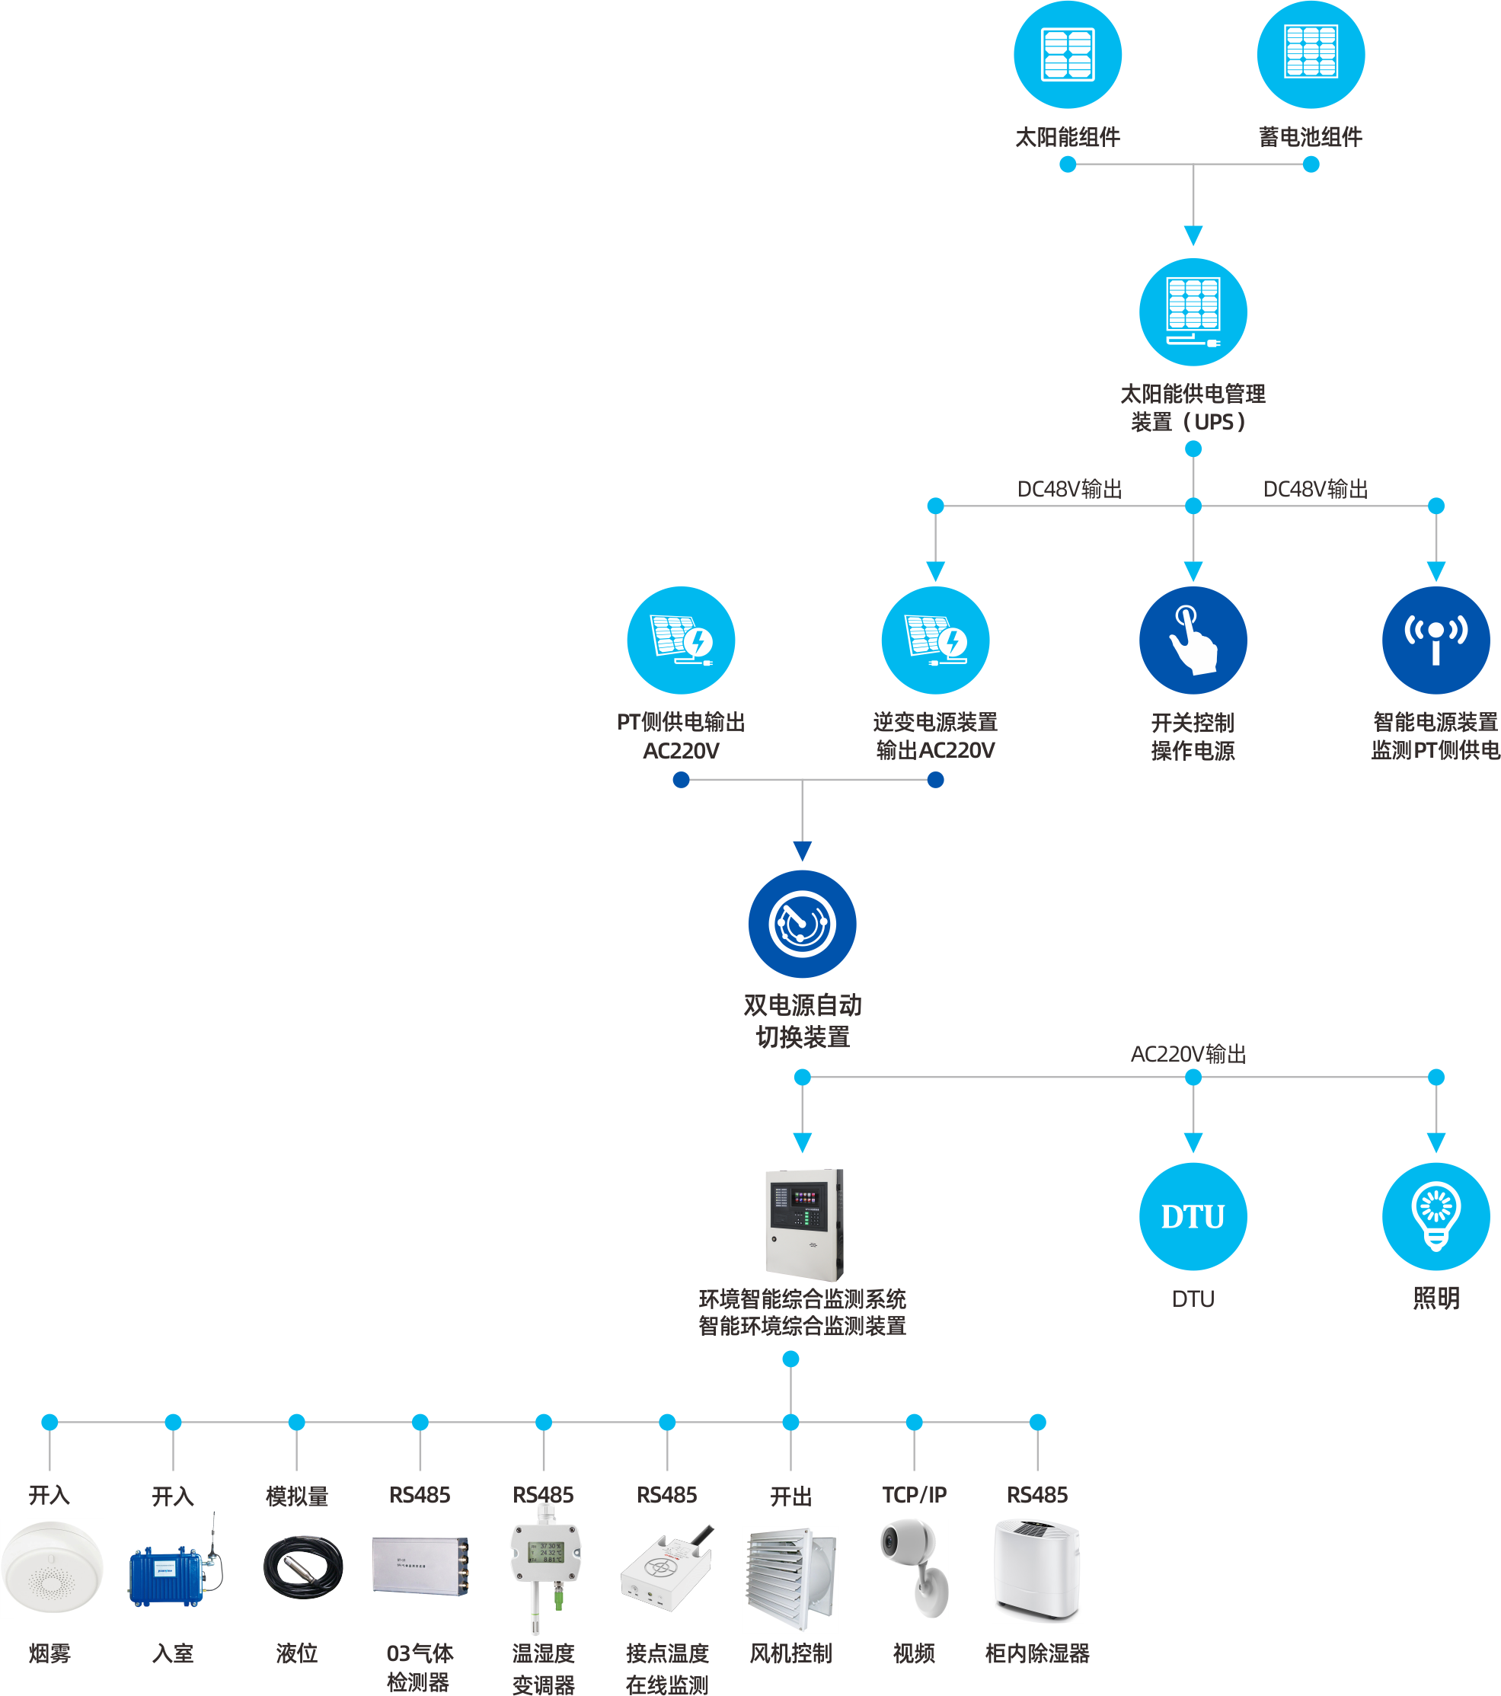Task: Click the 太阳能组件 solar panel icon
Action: (x=1067, y=55)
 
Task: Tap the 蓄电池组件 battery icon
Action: (x=1310, y=55)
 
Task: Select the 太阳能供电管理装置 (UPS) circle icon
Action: (x=1193, y=312)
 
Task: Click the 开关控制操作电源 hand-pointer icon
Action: (x=1193, y=640)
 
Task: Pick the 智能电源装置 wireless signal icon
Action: (x=1436, y=640)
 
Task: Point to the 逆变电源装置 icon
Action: (x=935, y=640)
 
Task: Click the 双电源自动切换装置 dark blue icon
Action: (x=802, y=924)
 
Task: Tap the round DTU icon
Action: (x=1193, y=1216)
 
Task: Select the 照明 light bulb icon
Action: (x=1436, y=1216)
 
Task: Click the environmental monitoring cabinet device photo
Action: (x=803, y=1225)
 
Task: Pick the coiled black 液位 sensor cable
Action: (x=302, y=1567)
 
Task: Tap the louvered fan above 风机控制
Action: (x=790, y=1576)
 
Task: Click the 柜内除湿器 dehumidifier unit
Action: (x=1036, y=1568)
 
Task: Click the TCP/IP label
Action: (x=914, y=1494)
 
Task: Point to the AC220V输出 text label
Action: (x=1188, y=1054)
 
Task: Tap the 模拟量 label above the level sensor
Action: (x=296, y=1495)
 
